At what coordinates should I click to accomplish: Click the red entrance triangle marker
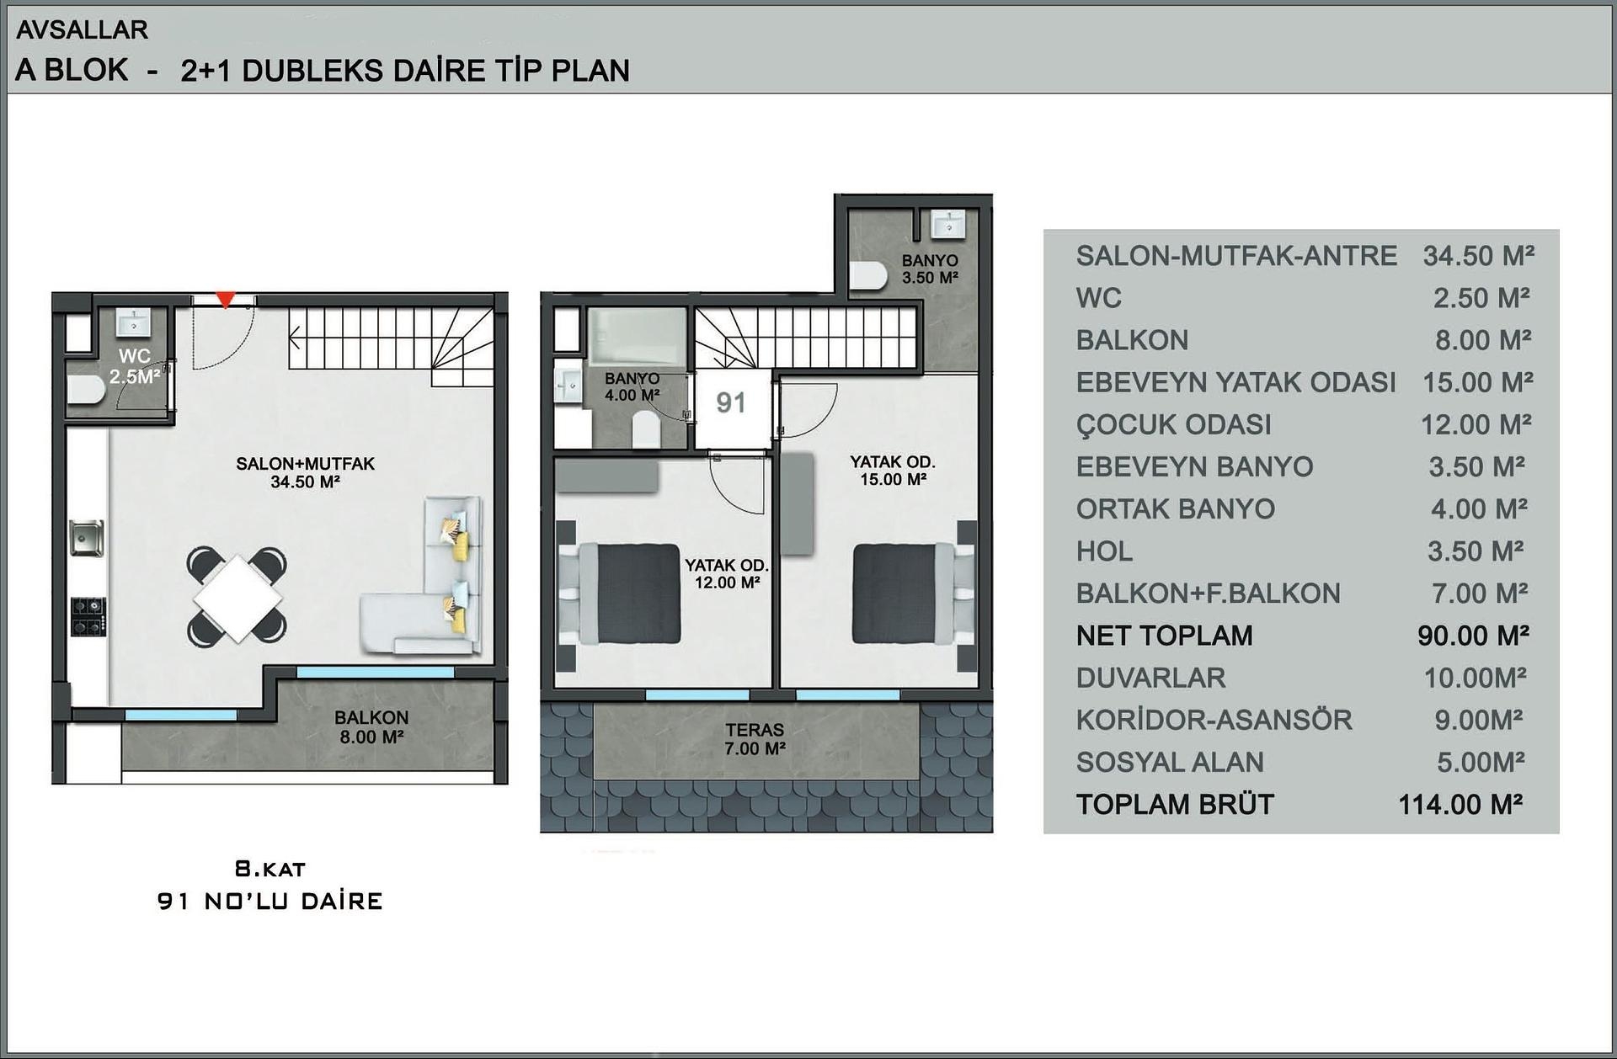[225, 300]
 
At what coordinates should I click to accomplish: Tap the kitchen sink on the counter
[86, 538]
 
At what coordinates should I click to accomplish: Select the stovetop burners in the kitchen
[88, 616]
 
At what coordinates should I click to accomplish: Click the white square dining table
[237, 599]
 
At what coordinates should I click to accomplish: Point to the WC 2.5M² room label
[135, 366]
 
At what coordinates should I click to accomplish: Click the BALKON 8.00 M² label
[371, 727]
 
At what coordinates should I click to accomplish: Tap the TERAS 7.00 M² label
[755, 739]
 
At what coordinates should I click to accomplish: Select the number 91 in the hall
[730, 402]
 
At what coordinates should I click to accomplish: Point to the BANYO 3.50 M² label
[930, 269]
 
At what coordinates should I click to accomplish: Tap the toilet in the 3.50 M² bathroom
[868, 276]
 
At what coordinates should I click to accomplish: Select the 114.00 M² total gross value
[1460, 805]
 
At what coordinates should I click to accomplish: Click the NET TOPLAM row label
[1164, 636]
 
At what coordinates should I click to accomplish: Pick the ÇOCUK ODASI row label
[1173, 425]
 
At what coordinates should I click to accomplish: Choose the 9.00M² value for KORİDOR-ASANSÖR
[1479, 720]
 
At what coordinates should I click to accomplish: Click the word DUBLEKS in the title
[315, 71]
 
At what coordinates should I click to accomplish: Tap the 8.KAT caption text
[269, 869]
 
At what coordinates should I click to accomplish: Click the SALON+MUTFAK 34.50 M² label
[305, 472]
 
